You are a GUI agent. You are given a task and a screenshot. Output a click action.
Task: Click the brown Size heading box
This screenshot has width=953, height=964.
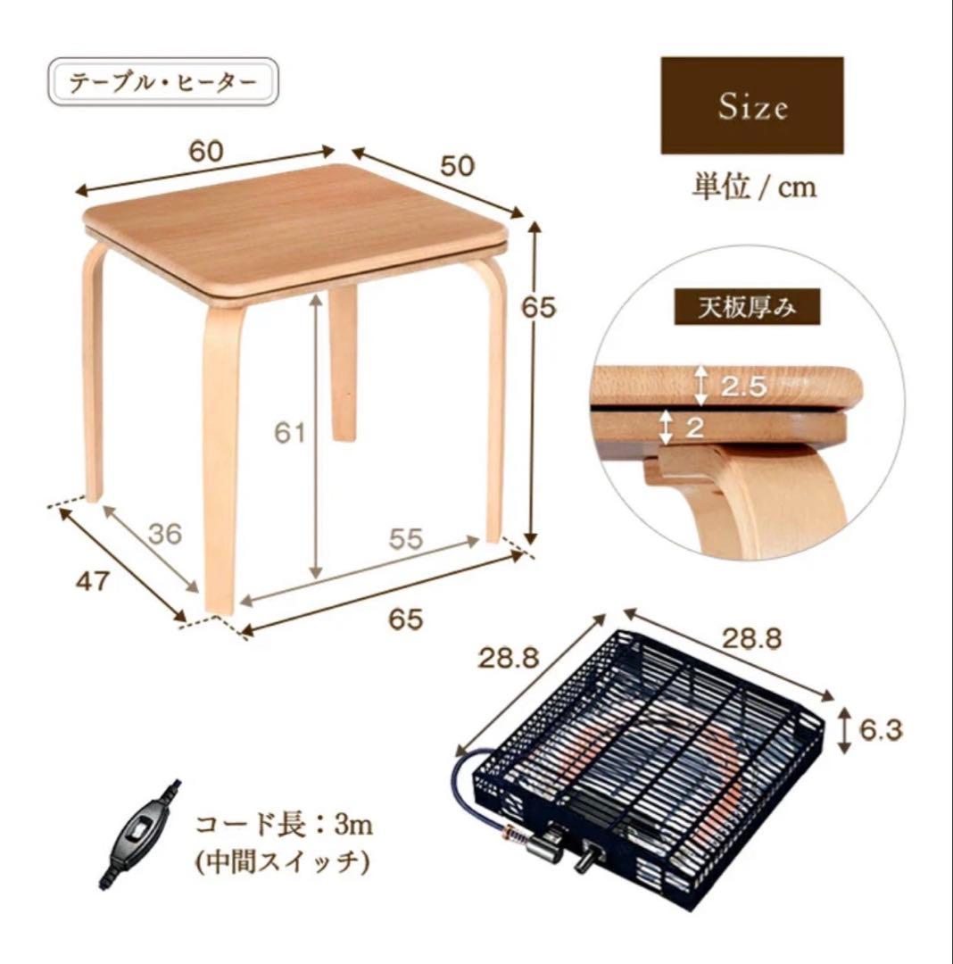tap(751, 105)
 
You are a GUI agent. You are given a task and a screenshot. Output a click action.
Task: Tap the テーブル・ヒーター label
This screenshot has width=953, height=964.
tap(162, 82)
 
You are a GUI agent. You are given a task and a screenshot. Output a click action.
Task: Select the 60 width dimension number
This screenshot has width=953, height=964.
tap(206, 151)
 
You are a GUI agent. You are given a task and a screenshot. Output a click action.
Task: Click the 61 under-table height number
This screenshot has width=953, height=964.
tap(289, 433)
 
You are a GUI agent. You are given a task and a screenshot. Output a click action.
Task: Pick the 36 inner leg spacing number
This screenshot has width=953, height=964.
tap(165, 534)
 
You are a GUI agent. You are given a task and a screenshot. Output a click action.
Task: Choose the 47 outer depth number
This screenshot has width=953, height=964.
tap(92, 581)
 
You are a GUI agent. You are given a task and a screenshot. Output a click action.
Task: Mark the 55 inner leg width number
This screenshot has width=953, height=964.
tap(406, 538)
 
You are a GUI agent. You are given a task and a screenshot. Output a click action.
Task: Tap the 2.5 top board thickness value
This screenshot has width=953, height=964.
tap(744, 386)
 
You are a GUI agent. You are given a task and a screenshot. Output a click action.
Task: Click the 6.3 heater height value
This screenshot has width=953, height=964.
tap(881, 730)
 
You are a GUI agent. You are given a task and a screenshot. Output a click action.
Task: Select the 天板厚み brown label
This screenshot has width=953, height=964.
tap(747, 307)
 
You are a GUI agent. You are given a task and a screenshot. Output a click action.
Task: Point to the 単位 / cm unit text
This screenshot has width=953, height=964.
tap(755, 187)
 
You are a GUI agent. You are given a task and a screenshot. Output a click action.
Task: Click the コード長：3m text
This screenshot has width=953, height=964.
tap(285, 824)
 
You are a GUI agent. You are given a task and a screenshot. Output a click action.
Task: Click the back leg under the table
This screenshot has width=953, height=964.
tap(343, 362)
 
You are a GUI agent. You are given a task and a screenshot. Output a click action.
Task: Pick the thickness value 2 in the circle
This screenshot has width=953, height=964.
tap(694, 427)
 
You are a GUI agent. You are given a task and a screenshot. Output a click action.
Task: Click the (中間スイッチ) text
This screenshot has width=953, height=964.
tap(283, 862)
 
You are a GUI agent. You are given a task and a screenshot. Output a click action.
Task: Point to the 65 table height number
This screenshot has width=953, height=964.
tap(538, 307)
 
